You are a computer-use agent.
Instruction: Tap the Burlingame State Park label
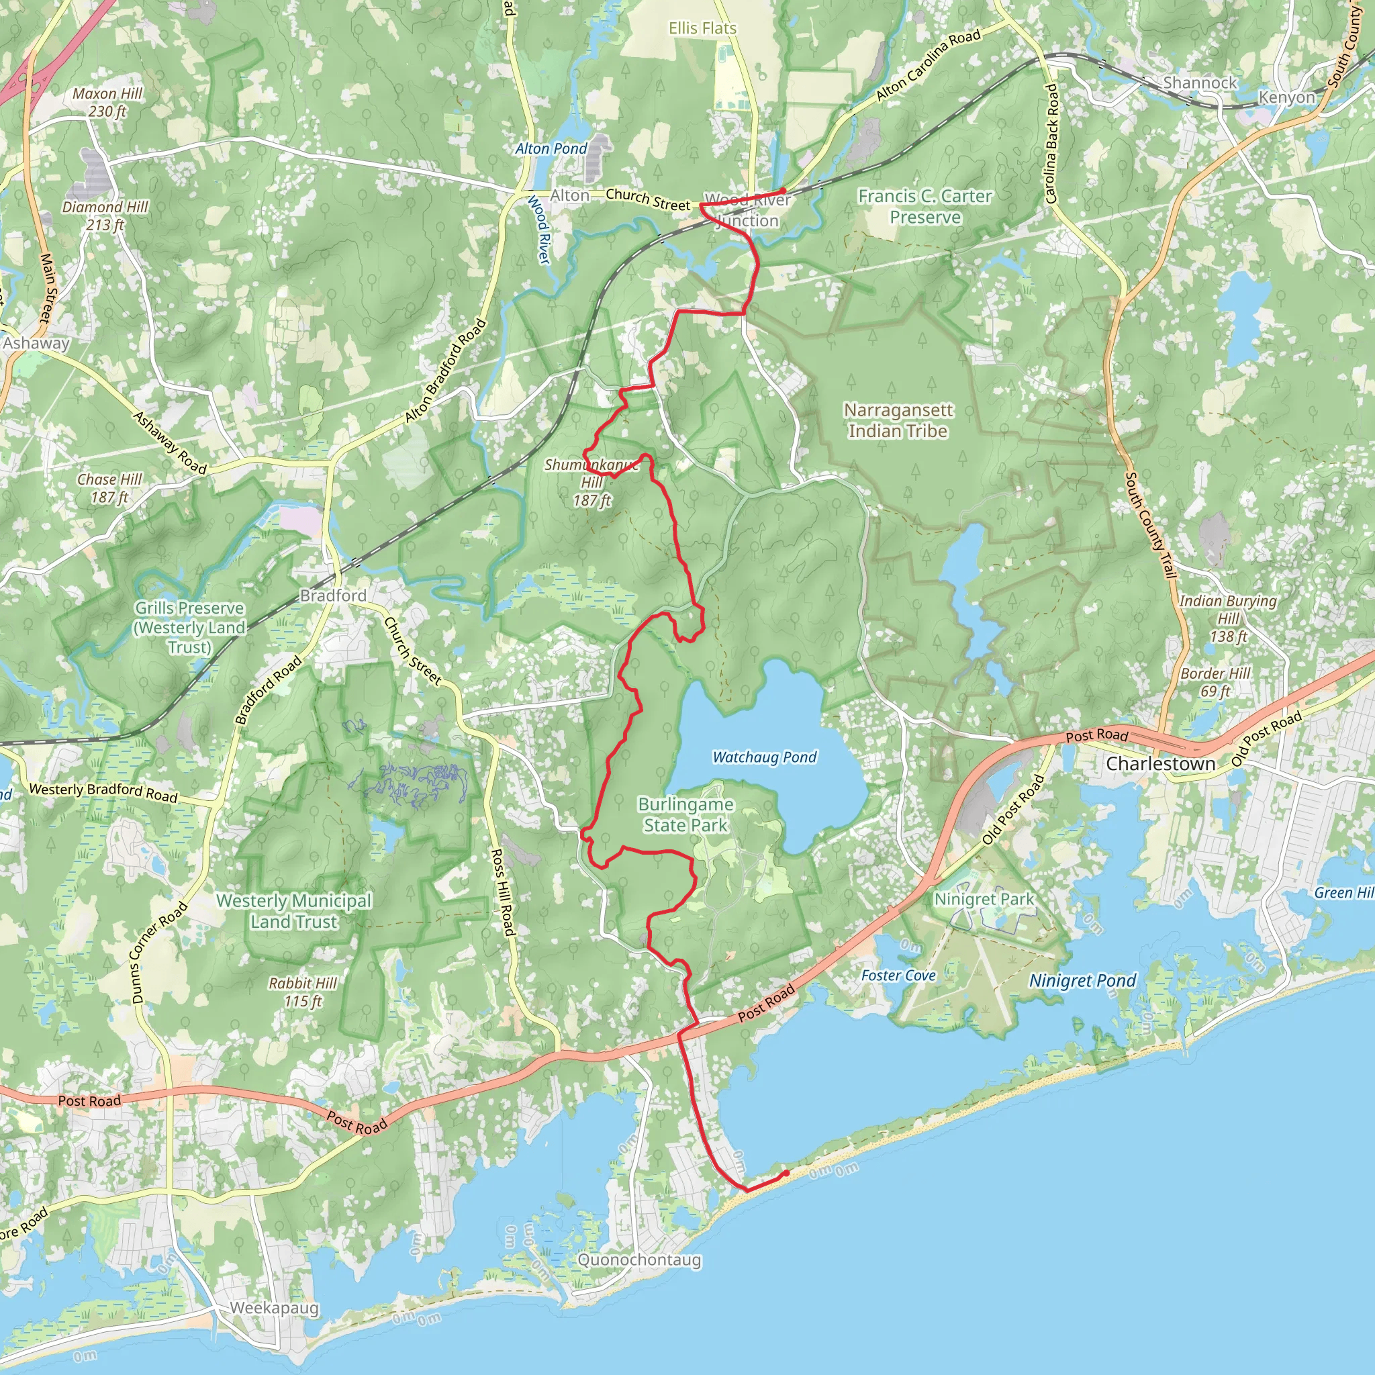(x=685, y=815)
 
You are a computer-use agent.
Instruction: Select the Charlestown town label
(x=1160, y=763)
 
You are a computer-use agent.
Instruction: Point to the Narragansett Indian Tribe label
(x=898, y=420)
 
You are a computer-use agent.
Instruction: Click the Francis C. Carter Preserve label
(x=924, y=206)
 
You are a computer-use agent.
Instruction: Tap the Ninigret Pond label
(x=1082, y=981)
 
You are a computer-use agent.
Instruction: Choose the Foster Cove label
(x=898, y=975)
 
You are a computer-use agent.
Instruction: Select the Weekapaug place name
(x=274, y=1308)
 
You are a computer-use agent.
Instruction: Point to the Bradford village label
(x=333, y=595)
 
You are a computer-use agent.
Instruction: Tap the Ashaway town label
(x=36, y=343)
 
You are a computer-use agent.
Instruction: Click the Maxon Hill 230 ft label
(x=107, y=103)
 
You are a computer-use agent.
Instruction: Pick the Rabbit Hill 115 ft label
(x=303, y=992)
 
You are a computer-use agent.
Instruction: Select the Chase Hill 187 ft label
(x=109, y=488)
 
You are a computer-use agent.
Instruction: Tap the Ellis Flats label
(x=702, y=28)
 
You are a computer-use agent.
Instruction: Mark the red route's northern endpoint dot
(x=783, y=191)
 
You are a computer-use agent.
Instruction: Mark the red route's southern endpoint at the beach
(x=786, y=1173)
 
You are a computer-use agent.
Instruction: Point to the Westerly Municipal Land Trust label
(x=294, y=911)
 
